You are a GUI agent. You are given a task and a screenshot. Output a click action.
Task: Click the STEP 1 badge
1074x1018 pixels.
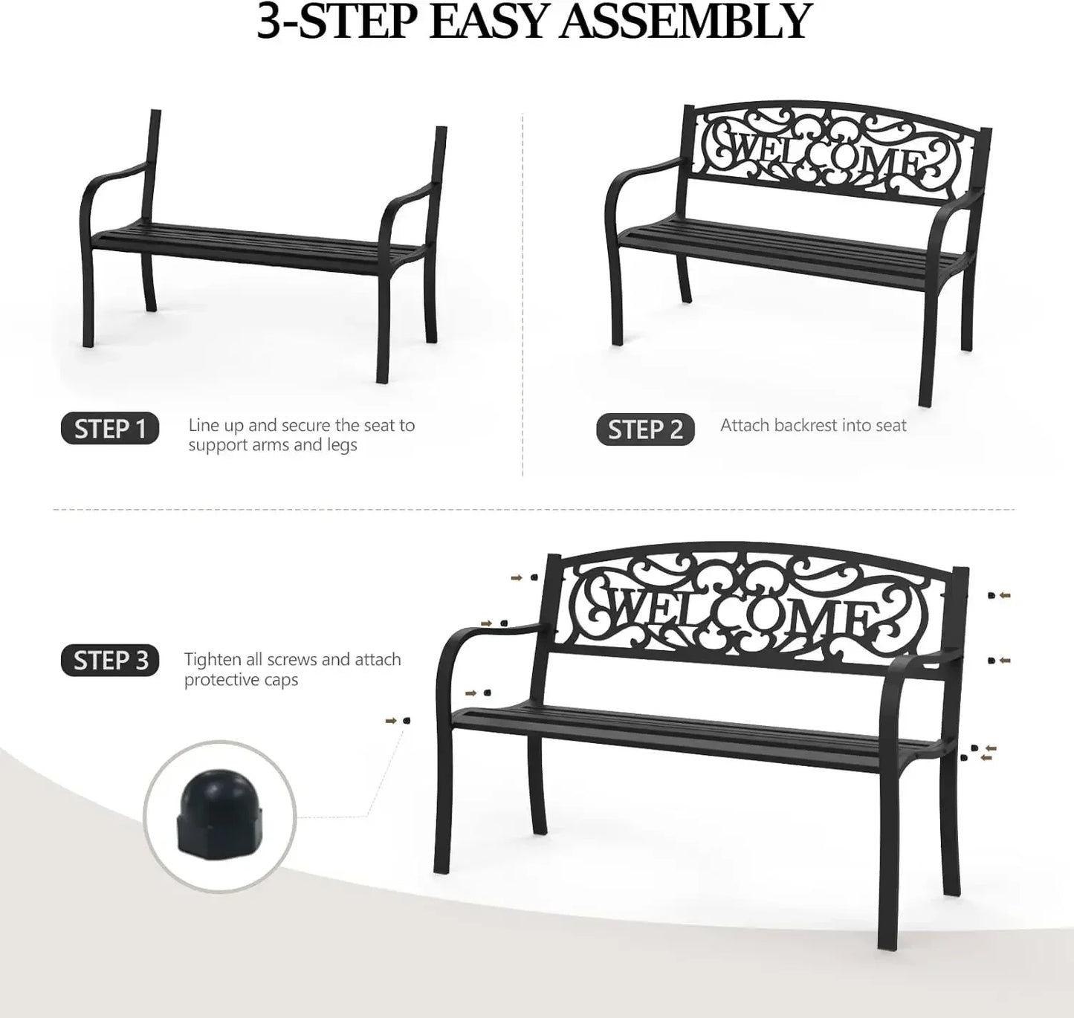(x=110, y=429)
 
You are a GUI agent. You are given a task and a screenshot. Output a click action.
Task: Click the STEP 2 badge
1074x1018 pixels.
(x=645, y=430)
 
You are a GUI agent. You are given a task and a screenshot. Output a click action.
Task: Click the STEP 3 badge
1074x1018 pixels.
(x=110, y=661)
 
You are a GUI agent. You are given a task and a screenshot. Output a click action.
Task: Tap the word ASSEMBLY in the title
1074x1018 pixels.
(x=684, y=22)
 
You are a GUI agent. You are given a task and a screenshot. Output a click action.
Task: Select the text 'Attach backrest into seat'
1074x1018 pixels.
(x=813, y=426)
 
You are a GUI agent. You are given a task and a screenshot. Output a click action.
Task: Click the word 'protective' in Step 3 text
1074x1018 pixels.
(x=219, y=680)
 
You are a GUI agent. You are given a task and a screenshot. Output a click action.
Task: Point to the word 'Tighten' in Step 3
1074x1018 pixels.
(x=212, y=660)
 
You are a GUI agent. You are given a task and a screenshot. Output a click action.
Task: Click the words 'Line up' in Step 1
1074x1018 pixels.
(x=216, y=426)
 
